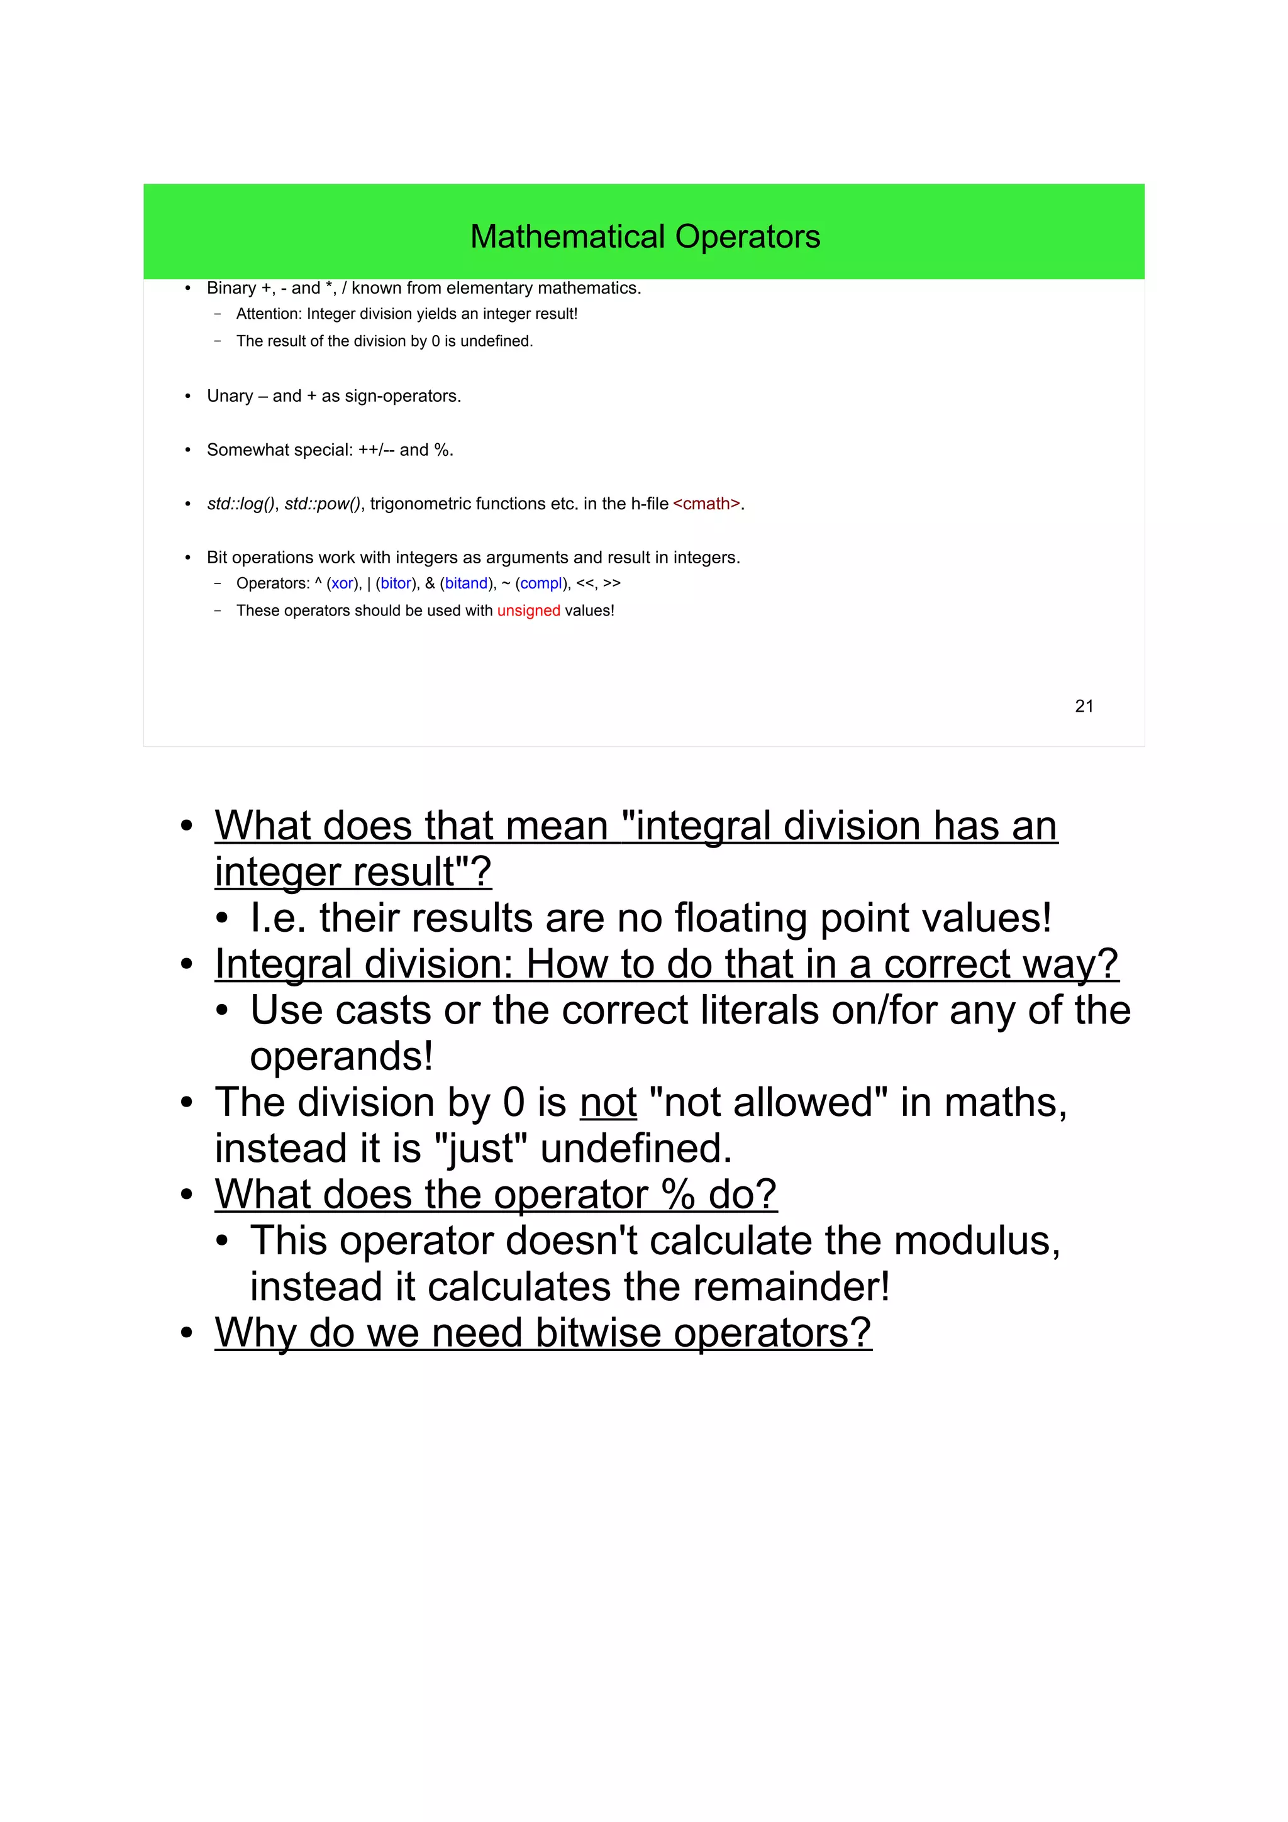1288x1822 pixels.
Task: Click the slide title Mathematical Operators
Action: tap(645, 236)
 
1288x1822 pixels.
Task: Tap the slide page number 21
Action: tap(1084, 706)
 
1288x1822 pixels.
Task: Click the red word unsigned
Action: tap(528, 610)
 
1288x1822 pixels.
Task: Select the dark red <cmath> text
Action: tap(706, 504)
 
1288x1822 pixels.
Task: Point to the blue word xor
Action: tap(343, 583)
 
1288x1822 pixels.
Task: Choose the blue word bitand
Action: tap(466, 583)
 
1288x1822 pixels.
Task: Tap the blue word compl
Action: tap(541, 583)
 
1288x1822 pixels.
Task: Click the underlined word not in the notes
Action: tap(608, 1102)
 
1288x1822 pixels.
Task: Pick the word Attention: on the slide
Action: tap(269, 314)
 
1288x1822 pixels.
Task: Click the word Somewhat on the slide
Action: tap(240, 450)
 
